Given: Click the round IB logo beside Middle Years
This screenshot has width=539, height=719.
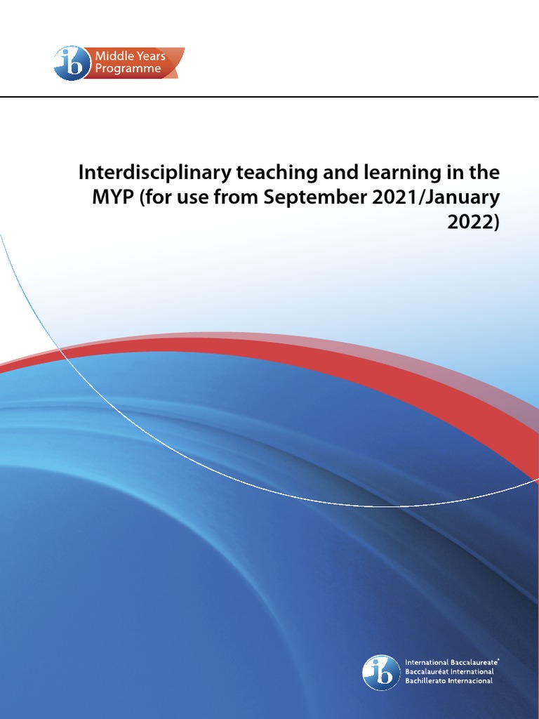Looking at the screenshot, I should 72,62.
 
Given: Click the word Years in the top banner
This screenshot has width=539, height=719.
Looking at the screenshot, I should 150,56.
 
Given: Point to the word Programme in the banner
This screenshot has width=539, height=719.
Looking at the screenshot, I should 129,69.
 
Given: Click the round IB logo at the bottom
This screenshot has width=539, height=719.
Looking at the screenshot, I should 381,672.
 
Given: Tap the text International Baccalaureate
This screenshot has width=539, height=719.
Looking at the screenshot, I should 452,662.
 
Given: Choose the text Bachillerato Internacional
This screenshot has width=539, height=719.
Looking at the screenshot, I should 449,680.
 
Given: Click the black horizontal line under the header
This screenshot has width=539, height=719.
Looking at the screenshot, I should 269,96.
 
